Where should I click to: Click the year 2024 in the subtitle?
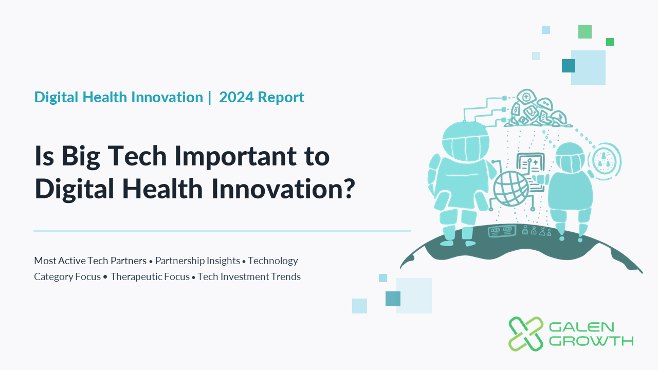tap(236, 97)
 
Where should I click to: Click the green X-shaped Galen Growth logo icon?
tap(526, 334)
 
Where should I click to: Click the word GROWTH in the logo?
tap(591, 341)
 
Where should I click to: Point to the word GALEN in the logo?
tap(581, 327)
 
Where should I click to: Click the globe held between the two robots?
tap(511, 189)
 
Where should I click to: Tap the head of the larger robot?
tap(466, 141)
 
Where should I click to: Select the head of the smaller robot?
tap(570, 158)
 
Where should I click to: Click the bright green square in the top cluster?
tap(610, 42)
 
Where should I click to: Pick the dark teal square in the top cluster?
tap(569, 66)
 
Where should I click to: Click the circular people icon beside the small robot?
tap(604, 161)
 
